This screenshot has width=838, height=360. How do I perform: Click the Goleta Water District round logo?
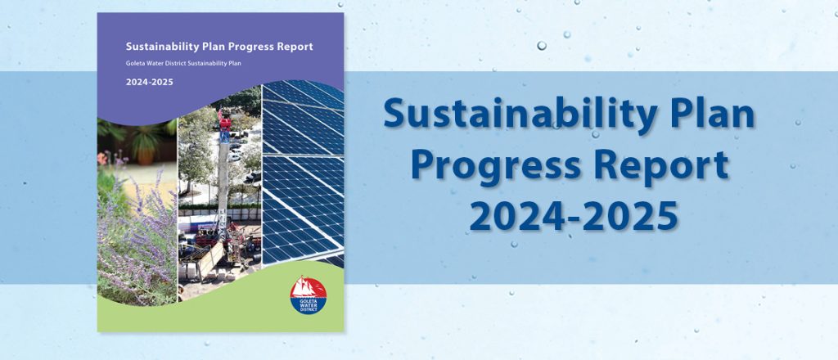[x=309, y=295]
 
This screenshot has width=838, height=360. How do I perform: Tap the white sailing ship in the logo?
[x=306, y=287]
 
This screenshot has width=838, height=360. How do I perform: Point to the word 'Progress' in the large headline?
[x=496, y=166]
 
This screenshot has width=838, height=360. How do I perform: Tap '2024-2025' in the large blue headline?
[x=574, y=215]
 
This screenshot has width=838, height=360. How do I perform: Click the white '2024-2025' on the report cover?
[x=150, y=83]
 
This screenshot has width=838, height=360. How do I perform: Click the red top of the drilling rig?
[x=224, y=122]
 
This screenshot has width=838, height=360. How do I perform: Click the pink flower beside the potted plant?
[x=102, y=159]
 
